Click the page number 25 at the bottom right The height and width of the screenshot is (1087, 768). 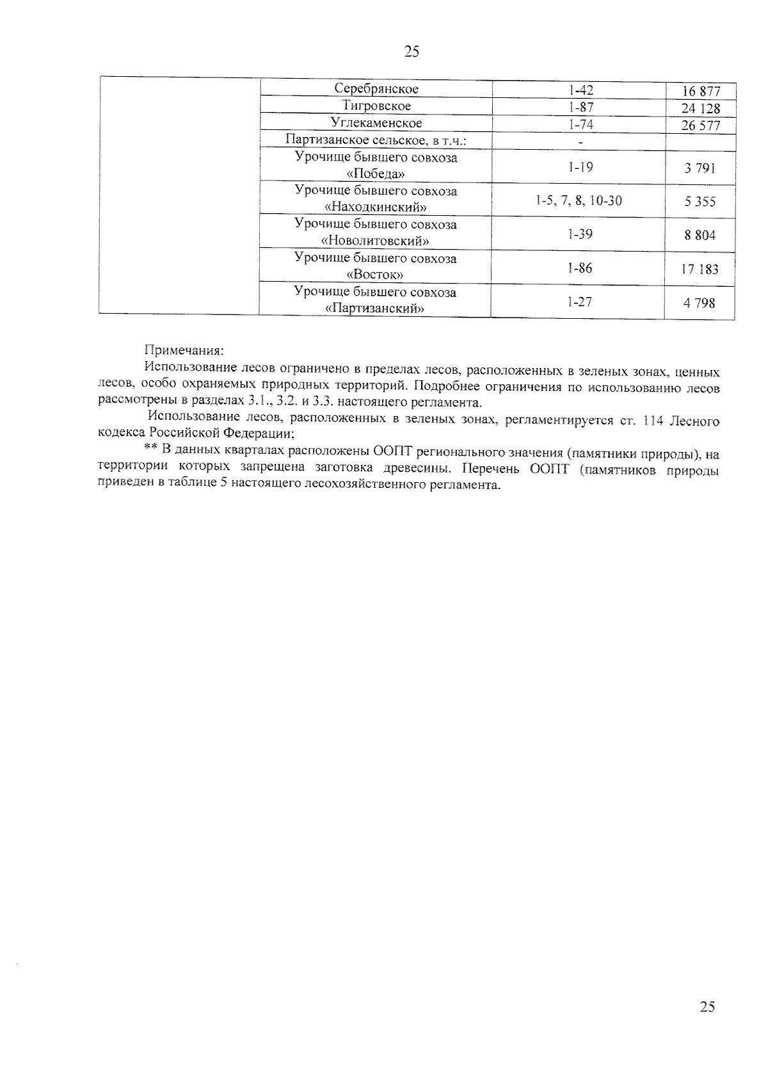(x=707, y=1007)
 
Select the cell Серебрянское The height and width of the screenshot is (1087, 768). (x=376, y=89)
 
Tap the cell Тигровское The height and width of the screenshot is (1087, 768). (x=376, y=106)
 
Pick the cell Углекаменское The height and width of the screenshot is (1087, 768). (x=376, y=123)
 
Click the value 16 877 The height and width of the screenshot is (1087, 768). (x=701, y=92)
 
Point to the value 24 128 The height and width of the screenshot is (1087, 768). (x=701, y=109)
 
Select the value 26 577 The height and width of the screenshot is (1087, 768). (x=701, y=125)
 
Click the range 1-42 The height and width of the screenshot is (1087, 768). (x=580, y=90)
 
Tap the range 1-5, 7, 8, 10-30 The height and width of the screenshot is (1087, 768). (x=579, y=201)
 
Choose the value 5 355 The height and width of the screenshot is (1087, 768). (x=700, y=202)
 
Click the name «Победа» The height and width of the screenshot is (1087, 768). (x=376, y=174)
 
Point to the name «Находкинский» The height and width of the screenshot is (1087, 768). (x=376, y=207)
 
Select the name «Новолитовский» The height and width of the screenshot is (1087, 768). (x=376, y=241)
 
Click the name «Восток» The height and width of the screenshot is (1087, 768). (x=376, y=275)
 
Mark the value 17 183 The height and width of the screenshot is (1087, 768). (x=700, y=270)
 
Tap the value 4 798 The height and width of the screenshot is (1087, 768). (x=700, y=303)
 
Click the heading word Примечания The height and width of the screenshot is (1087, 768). (x=184, y=350)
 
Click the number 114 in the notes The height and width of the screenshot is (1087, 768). (x=650, y=421)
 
